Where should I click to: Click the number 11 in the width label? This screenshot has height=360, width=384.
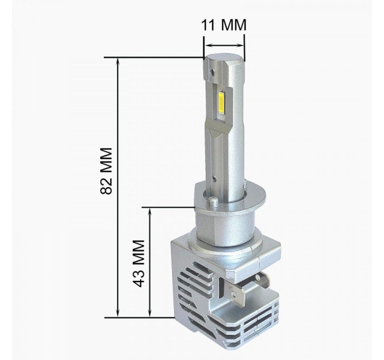click(x=208, y=25)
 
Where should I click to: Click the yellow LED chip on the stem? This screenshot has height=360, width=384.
click(x=221, y=104)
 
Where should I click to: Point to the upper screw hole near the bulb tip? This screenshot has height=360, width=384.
click(x=211, y=71)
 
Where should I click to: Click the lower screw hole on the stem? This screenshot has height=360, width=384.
click(x=214, y=179)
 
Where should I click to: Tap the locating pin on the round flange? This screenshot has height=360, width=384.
click(x=213, y=202)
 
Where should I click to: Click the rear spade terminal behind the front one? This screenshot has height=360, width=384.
click(x=262, y=280)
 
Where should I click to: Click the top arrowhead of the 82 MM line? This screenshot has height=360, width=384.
click(x=118, y=61)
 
